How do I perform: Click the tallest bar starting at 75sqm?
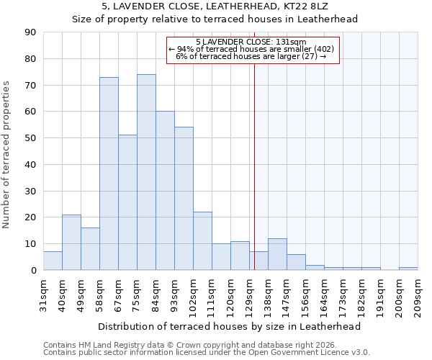tap(146, 172)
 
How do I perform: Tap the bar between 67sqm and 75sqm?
tap(127, 202)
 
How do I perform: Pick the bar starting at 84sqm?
tap(165, 191)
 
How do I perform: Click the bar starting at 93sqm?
tap(184, 199)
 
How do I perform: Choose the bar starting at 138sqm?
tap(277, 254)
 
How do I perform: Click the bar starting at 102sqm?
tap(202, 241)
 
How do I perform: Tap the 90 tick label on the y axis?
tap(31, 32)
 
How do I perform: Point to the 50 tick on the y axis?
tap(31, 138)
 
